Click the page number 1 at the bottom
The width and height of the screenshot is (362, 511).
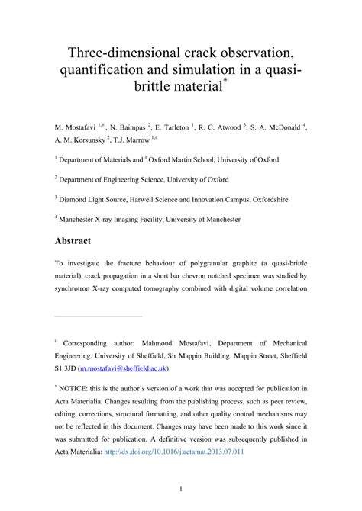[x=180, y=488]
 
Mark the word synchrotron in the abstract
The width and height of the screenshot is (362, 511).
[x=80, y=289]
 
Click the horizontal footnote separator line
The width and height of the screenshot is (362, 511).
[x=99, y=316]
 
